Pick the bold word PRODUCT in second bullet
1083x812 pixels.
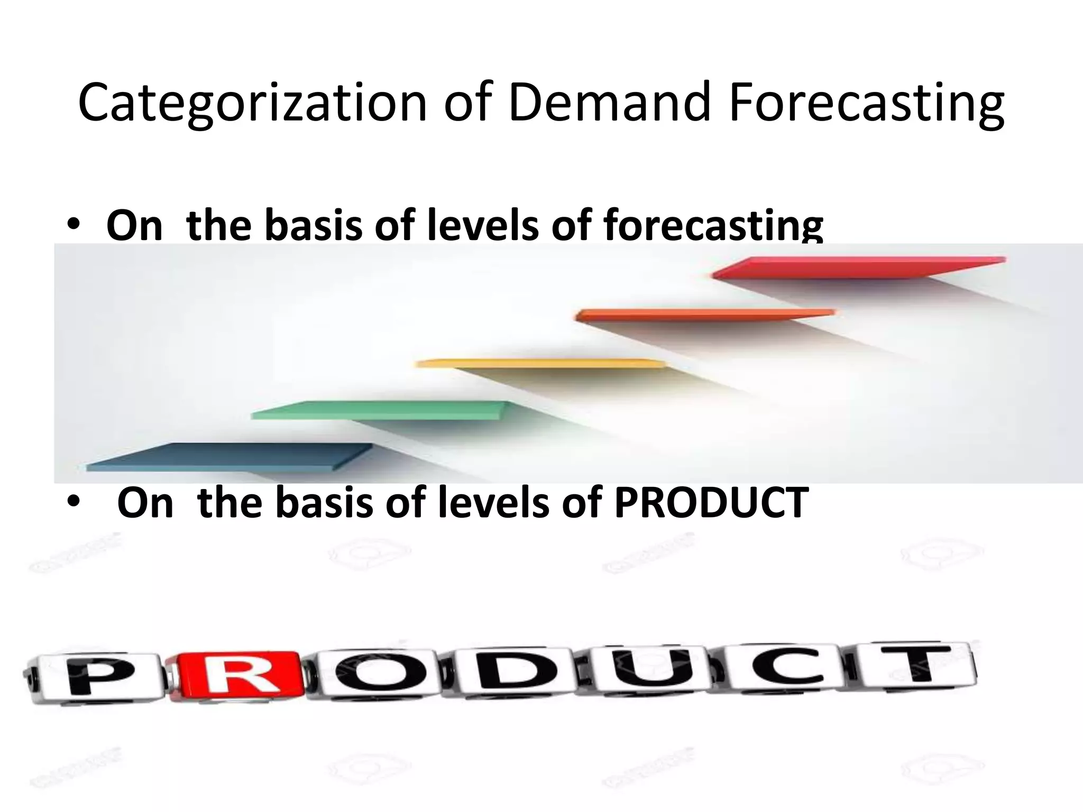tap(711, 503)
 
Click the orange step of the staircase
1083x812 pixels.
tap(703, 315)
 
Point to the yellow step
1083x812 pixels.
tap(539, 364)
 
